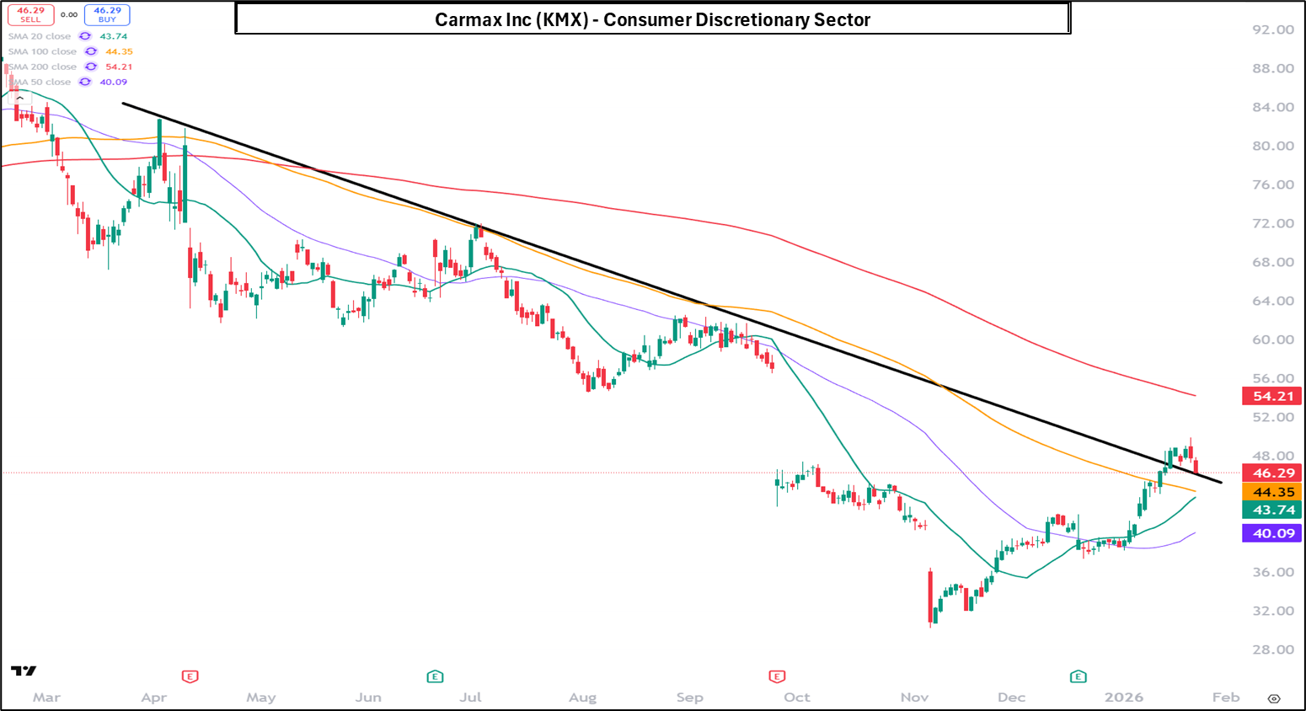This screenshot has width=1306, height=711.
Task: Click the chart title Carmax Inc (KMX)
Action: pyautogui.click(x=652, y=19)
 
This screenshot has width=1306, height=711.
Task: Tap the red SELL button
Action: pyautogui.click(x=31, y=14)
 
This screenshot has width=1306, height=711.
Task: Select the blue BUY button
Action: pyautogui.click(x=107, y=14)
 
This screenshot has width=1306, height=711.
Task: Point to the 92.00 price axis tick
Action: pyautogui.click(x=1272, y=29)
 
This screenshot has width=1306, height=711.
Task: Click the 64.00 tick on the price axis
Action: pyautogui.click(x=1272, y=301)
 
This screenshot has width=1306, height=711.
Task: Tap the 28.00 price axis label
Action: pyautogui.click(x=1272, y=650)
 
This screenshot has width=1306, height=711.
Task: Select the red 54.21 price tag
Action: pyautogui.click(x=1272, y=396)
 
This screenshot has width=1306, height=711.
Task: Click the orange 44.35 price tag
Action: pyautogui.click(x=1272, y=492)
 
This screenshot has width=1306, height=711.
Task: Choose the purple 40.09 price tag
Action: pyautogui.click(x=1272, y=533)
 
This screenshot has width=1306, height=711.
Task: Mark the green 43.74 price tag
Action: pyautogui.click(x=1272, y=510)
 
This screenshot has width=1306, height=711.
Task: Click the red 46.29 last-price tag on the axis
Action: pyautogui.click(x=1272, y=473)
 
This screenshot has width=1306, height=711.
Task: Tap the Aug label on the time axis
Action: pyautogui.click(x=582, y=698)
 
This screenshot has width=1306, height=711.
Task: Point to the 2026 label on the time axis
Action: pyautogui.click(x=1124, y=698)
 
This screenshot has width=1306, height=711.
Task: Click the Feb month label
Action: pyautogui.click(x=1226, y=698)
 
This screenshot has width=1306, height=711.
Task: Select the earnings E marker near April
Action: pyautogui.click(x=190, y=676)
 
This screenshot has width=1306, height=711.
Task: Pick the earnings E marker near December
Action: pyautogui.click(x=1078, y=676)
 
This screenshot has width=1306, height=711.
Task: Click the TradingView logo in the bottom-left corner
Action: pyautogui.click(x=24, y=671)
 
